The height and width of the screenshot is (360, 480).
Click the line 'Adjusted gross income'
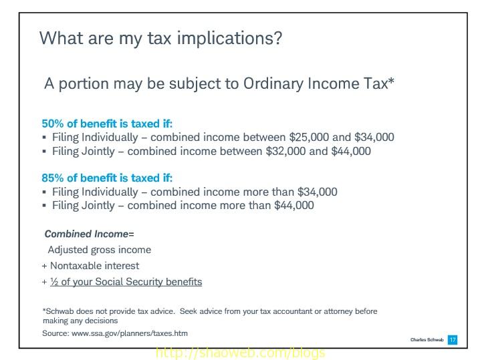[100, 250]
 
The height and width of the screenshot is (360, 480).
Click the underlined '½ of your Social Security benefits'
[126, 282]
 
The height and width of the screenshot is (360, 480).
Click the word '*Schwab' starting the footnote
[57, 312]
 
